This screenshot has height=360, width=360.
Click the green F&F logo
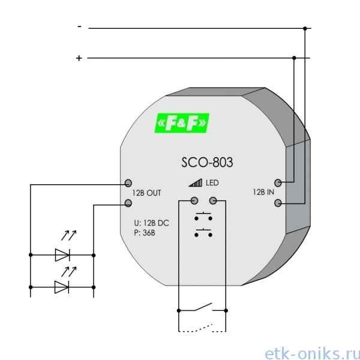point(182,123)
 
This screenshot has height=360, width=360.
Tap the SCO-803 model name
point(207,163)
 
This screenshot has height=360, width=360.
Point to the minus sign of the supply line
point(79,27)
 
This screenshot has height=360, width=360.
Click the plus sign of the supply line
point(79,58)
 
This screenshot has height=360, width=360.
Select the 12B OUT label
point(147,193)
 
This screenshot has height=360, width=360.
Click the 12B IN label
point(263,192)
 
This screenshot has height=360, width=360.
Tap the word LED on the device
point(212,183)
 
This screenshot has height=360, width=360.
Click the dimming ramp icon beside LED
point(196,183)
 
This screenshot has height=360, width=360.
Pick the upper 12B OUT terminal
point(128,183)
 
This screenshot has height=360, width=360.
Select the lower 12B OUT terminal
point(128,203)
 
